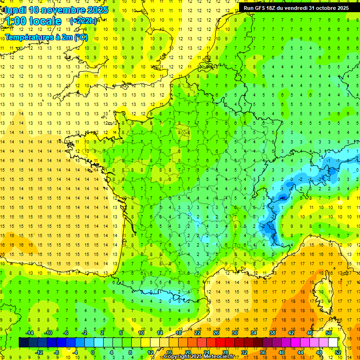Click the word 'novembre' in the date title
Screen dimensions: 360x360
[x=63, y=10]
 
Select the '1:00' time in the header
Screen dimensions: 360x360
[x=15, y=21]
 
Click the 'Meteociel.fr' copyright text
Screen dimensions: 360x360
[x=217, y=357]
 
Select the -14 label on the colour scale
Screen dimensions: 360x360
[x=29, y=333]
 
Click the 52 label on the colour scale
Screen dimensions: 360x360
[x=338, y=352]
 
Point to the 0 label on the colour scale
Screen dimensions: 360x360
[x=93, y=352]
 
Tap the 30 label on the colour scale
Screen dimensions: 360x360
[x=234, y=333]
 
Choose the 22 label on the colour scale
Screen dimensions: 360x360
[x=197, y=333]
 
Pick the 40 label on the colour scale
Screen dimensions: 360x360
[x=282, y=352]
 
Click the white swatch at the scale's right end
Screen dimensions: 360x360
[x=333, y=342]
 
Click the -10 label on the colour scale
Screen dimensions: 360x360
[x=47, y=333]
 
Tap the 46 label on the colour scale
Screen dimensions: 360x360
[x=309, y=333]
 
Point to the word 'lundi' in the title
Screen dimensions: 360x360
[x=14, y=10]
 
